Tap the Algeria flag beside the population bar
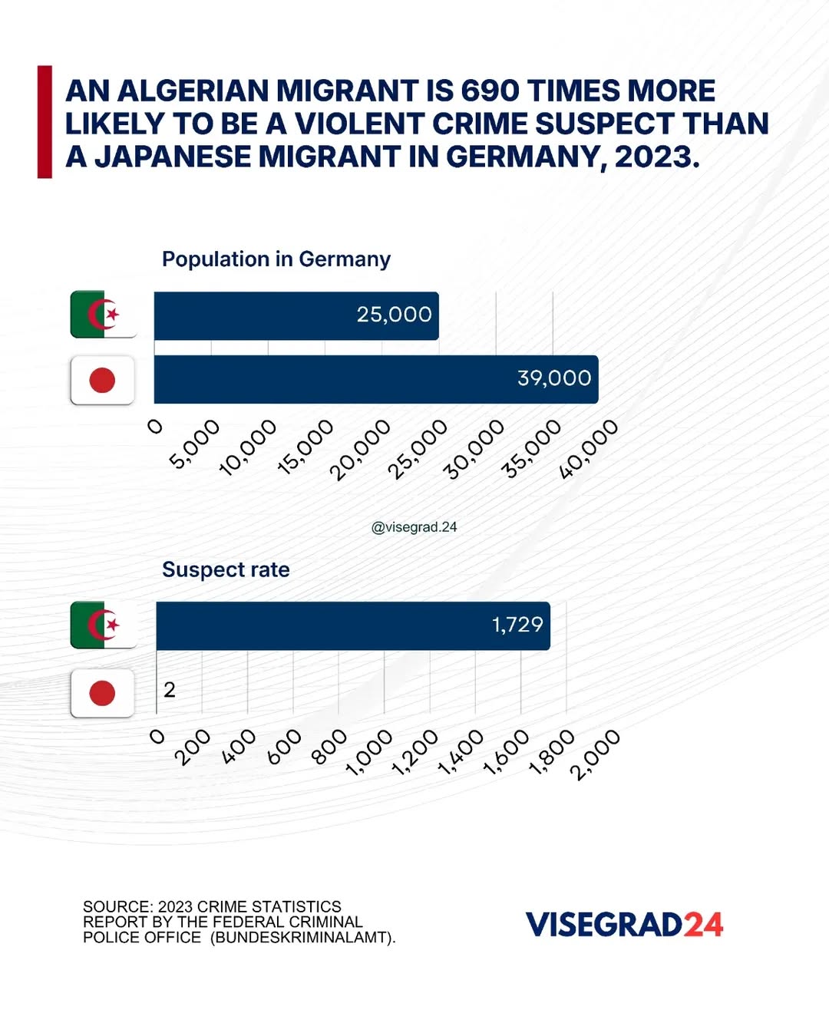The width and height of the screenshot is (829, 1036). (x=103, y=315)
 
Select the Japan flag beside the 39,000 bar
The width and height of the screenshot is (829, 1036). (x=102, y=380)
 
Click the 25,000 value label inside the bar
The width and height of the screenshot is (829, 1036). (x=394, y=315)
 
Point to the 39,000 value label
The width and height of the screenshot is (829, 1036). (x=554, y=378)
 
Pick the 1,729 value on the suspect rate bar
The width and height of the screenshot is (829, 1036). (x=517, y=625)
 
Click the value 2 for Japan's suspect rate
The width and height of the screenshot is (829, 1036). (x=170, y=690)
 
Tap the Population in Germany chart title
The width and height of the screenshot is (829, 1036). (x=276, y=259)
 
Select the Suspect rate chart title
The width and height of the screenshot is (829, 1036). (x=226, y=569)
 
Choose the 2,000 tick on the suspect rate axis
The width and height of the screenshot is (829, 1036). (x=595, y=755)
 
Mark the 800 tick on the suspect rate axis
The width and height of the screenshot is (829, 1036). (x=329, y=747)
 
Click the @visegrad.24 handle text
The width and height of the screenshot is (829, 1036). (x=414, y=527)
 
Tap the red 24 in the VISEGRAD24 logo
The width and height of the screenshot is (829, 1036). (x=703, y=925)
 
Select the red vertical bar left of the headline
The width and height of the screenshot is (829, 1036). (x=45, y=122)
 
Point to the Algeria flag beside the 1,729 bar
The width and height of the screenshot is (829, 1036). (x=103, y=625)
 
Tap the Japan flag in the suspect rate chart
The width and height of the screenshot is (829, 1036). (x=102, y=693)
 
